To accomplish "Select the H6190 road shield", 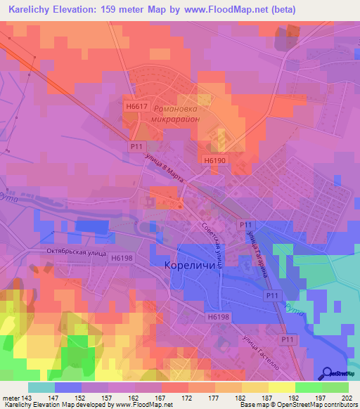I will [x=215, y=160].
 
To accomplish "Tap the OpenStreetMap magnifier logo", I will [x=328, y=372].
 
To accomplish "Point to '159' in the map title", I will [x=117, y=10].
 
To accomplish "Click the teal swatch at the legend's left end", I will [x=41, y=387].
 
